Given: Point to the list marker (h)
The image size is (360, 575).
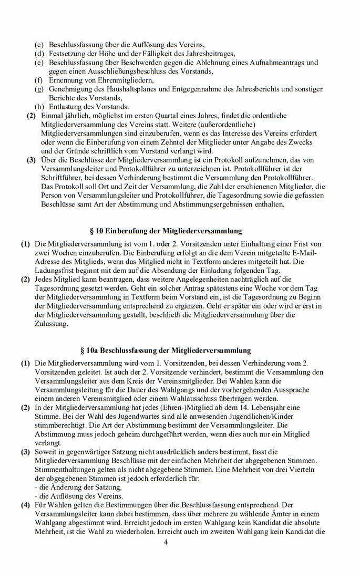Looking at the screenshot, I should (x=39, y=107).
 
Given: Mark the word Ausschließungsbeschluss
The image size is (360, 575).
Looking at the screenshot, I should (x=134, y=71).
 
